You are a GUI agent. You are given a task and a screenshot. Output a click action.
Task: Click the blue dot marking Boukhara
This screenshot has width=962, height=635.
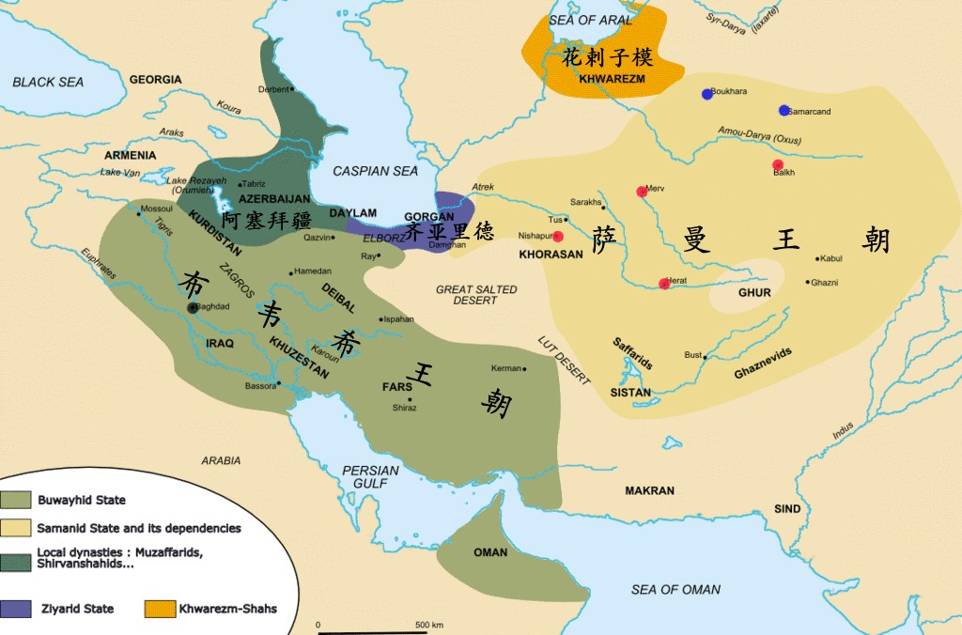pyautogui.click(x=707, y=94)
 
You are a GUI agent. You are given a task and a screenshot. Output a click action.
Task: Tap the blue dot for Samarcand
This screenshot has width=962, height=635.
pyautogui.click(x=784, y=111)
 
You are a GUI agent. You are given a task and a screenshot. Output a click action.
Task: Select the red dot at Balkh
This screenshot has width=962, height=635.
pyautogui.click(x=778, y=165)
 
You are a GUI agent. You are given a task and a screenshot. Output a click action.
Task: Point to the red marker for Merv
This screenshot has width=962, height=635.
pyautogui.click(x=642, y=192)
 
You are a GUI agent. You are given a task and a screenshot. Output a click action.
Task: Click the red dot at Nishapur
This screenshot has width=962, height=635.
pyautogui.click(x=558, y=237)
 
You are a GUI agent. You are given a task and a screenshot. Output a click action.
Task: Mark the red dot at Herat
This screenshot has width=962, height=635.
pyautogui.click(x=664, y=284)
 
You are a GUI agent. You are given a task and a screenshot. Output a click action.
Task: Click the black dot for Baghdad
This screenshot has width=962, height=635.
pyautogui.click(x=194, y=307)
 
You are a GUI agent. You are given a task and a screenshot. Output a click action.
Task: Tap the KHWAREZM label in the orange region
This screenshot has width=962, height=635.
pyautogui.click(x=612, y=79)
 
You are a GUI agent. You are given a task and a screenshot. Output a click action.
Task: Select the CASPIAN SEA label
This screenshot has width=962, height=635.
pyautogui.click(x=376, y=171)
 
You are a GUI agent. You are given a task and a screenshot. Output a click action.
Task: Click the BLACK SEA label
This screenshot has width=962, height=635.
pyautogui.click(x=48, y=83)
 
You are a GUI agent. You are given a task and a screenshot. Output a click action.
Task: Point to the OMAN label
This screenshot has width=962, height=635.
pyautogui.click(x=490, y=552)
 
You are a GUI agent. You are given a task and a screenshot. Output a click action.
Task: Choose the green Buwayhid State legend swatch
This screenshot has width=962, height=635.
pyautogui.click(x=17, y=500)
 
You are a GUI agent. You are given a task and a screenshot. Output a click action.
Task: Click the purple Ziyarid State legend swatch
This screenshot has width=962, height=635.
pyautogui.click(x=17, y=609)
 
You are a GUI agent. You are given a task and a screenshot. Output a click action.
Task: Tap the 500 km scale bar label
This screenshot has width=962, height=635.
pyautogui.click(x=430, y=625)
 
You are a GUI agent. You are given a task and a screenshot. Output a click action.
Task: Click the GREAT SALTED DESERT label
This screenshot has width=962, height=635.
pyautogui.click(x=476, y=296)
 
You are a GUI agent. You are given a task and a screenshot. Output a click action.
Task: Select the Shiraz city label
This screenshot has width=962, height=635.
pyautogui.click(x=405, y=409)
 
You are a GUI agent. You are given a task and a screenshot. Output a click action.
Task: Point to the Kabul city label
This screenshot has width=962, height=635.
pyautogui.click(x=833, y=259)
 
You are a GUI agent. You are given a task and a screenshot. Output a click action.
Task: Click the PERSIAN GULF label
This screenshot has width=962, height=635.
pyautogui.click(x=365, y=476)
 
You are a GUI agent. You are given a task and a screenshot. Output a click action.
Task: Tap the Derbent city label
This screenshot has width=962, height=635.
pyautogui.click(x=273, y=89)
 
